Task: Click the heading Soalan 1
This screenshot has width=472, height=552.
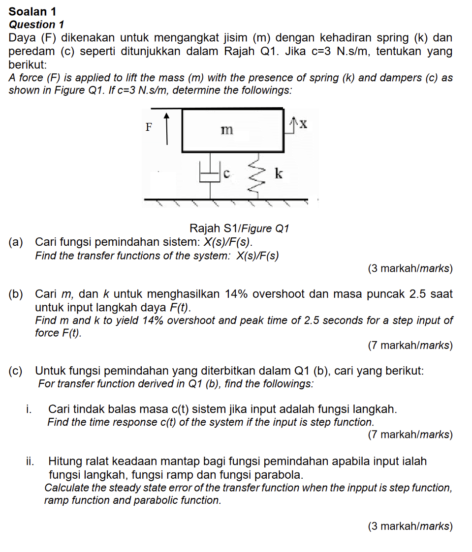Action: [x=32, y=11]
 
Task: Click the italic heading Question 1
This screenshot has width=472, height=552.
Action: [x=36, y=25]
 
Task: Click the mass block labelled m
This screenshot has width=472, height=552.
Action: [x=232, y=130]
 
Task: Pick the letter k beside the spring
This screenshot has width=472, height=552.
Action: [x=278, y=174]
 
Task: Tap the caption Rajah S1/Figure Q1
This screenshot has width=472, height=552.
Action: [x=239, y=229]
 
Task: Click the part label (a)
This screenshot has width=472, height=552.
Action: [x=16, y=242]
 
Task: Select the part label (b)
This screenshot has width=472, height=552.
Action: [x=16, y=294]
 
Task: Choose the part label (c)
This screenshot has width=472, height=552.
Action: [x=16, y=371]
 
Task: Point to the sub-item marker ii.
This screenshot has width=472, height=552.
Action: [x=31, y=462]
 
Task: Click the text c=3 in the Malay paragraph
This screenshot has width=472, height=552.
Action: [x=323, y=52]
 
